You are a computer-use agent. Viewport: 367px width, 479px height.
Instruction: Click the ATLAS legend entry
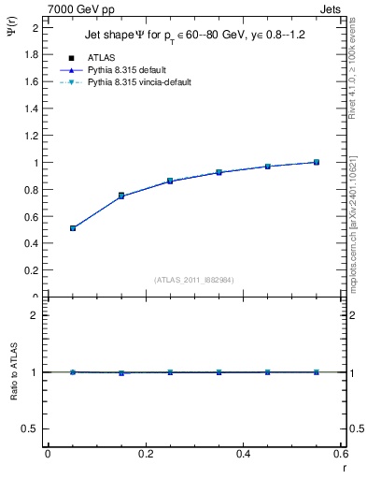101,58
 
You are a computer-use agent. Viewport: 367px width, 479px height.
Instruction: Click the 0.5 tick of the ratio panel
32,428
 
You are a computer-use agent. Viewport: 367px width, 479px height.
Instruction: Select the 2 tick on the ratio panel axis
35,315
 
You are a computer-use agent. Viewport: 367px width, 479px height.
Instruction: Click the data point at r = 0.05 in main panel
72,228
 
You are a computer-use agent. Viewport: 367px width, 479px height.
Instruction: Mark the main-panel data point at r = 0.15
121,196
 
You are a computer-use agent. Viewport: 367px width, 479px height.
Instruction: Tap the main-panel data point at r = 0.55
317,162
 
